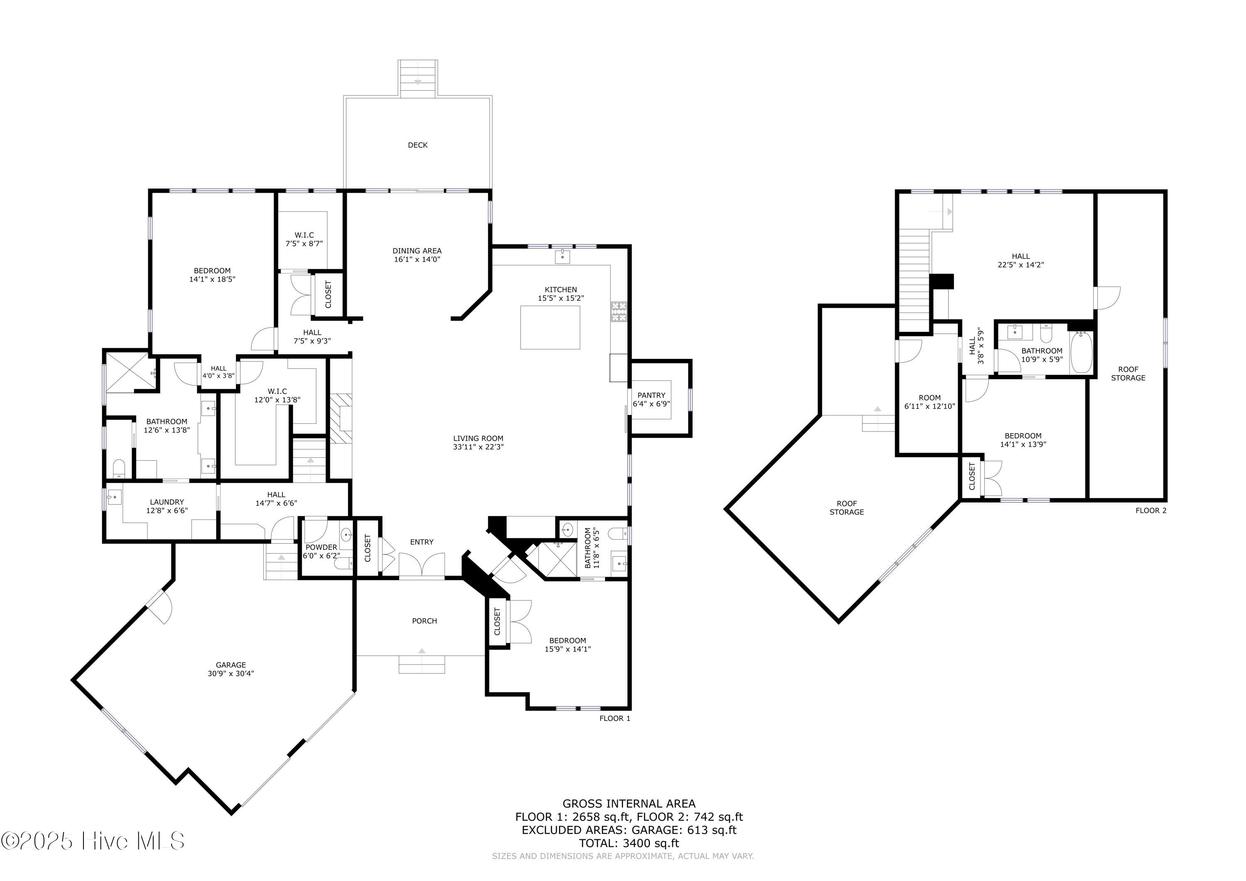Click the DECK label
pos(417,145)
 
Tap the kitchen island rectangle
pos(550,327)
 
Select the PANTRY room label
pos(651,395)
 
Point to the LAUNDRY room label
pos(167,502)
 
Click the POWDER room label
pos(321,547)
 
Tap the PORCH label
pos(424,621)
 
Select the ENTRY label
pos(422,542)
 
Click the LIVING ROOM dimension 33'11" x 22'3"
pos(478,447)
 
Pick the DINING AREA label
pos(417,251)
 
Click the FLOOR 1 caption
pos(615,718)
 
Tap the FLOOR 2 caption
pos(1151,510)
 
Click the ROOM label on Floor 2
pos(930,398)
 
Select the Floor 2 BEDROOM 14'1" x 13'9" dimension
pos(1023,444)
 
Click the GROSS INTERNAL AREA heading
pos(628,803)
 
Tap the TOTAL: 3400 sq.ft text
pos(628,843)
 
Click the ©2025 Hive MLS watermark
pos(93,841)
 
